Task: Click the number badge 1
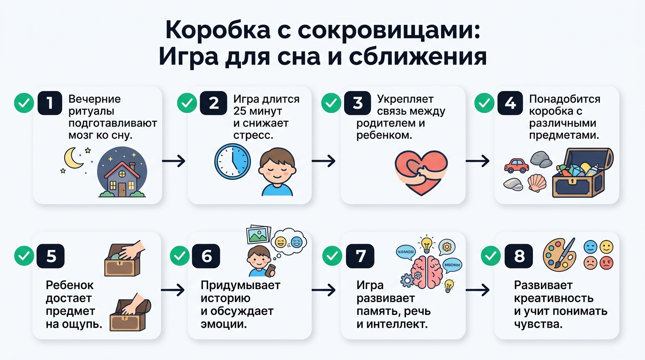(49, 103)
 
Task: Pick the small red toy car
(516, 165)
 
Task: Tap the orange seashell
(537, 182)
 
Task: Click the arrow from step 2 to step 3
(323, 161)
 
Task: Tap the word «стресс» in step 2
(253, 135)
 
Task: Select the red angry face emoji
(606, 263)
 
